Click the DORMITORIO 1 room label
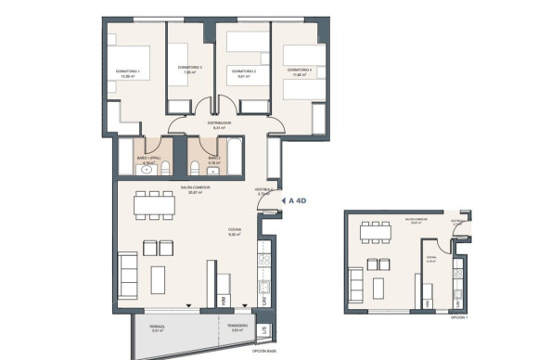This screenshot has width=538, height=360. (127, 71)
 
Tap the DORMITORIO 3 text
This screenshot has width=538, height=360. (242, 71)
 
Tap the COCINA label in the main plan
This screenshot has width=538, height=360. (235, 231)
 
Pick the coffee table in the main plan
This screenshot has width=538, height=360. (159, 276)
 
